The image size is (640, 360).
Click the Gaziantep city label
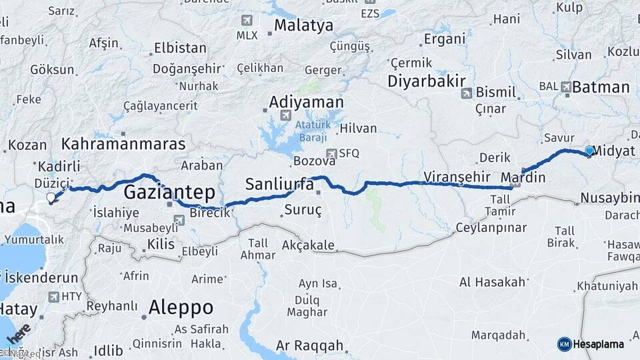point(170,193)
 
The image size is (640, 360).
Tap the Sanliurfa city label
point(279,184)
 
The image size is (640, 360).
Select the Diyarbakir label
point(426,81)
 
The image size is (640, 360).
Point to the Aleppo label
point(181,307)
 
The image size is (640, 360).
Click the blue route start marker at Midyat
point(589,151)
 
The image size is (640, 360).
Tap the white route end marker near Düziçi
point(51,197)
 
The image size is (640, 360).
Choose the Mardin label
point(523,177)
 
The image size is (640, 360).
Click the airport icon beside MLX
point(248,19)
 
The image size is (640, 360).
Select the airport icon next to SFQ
point(331,153)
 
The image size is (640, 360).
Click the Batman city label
point(600,87)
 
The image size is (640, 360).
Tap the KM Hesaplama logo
point(591,344)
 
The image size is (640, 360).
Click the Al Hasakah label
point(492,282)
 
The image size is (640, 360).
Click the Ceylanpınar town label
point(491,227)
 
